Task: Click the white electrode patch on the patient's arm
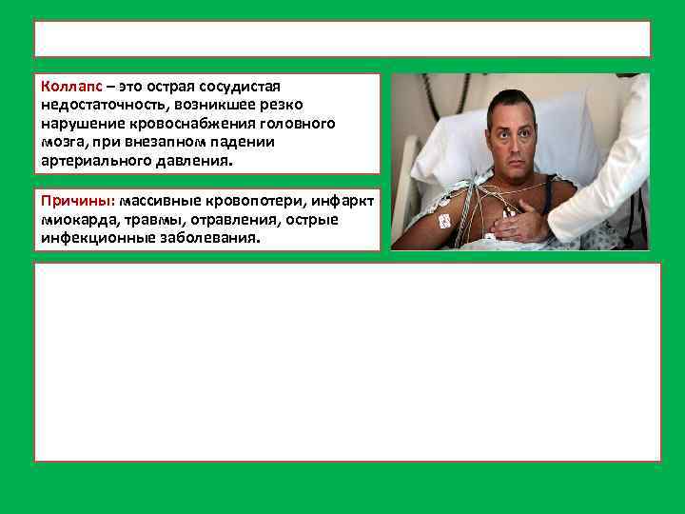(444, 221)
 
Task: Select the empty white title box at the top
(342, 39)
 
